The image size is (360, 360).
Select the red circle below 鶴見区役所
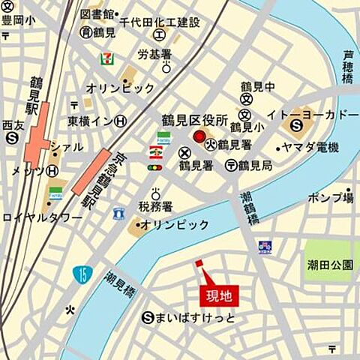[x=199, y=137]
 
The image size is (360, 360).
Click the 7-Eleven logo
[x=108, y=58]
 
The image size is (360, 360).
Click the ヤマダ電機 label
[x=310, y=147]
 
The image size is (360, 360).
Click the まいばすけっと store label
[x=194, y=317]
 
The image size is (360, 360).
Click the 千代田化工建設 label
[x=160, y=23]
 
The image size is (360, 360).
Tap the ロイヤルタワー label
[x=42, y=217]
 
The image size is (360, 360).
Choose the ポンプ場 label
[x=331, y=198]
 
